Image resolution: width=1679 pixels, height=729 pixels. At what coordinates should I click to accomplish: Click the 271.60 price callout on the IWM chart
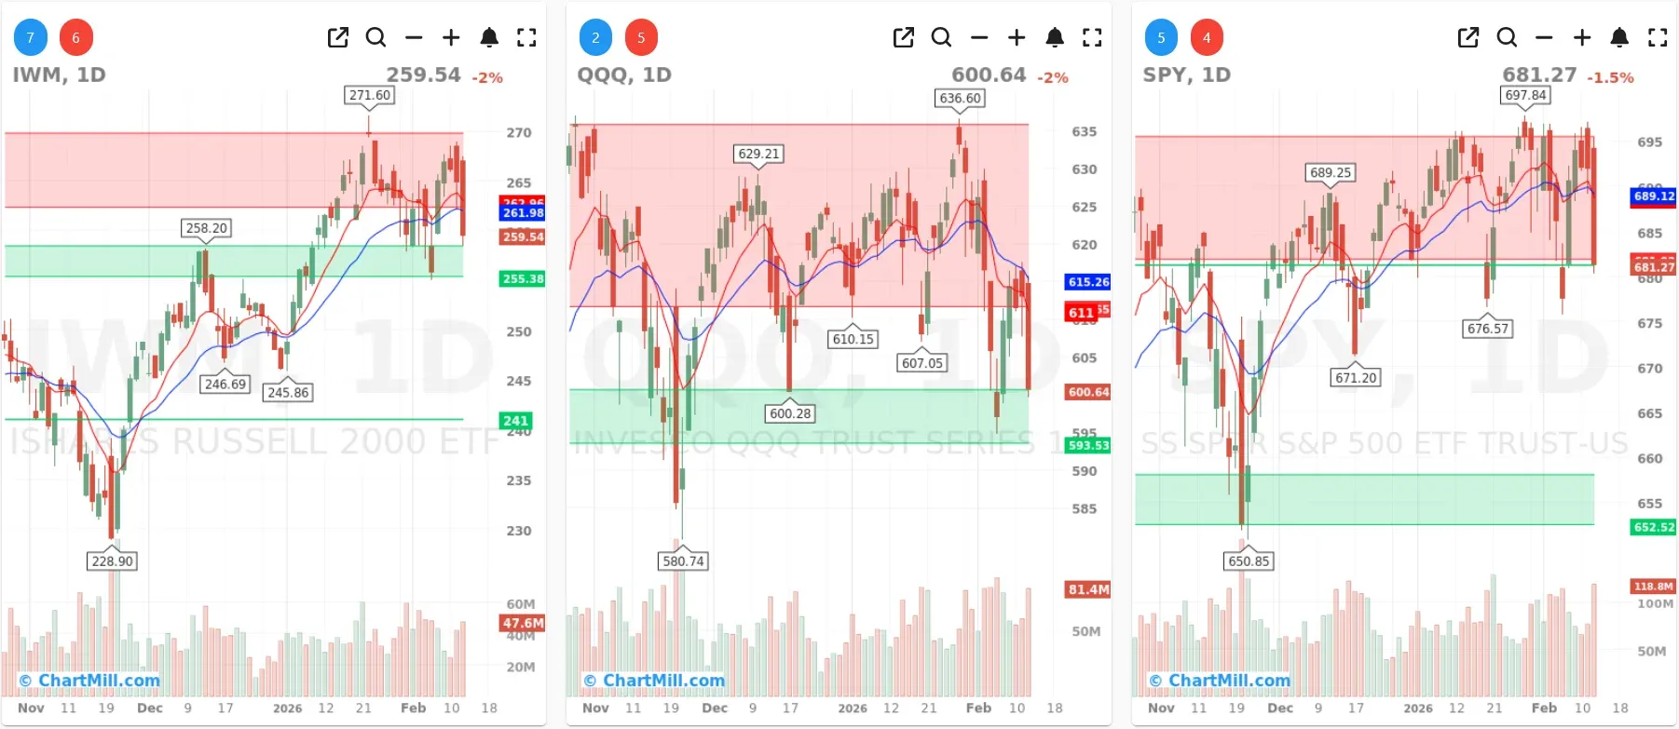[370, 95]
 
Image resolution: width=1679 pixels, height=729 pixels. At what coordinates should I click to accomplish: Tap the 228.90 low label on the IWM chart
[112, 560]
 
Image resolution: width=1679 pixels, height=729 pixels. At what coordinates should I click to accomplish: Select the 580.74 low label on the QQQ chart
[683, 560]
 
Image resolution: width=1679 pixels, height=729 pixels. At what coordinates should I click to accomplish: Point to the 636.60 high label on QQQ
[960, 98]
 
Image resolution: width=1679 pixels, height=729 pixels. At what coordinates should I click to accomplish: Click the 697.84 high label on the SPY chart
[1525, 95]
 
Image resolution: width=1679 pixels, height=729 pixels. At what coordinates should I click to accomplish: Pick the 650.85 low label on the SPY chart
[1249, 560]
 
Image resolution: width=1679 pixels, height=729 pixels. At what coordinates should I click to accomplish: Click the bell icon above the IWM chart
[489, 37]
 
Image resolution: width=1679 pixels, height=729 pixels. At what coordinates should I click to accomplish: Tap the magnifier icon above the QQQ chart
[941, 37]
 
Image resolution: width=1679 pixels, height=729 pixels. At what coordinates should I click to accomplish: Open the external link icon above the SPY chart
[1468, 37]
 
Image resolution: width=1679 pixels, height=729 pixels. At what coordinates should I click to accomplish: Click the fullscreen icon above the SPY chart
[1658, 37]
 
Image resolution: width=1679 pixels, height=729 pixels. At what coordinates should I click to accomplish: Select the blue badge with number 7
[30, 37]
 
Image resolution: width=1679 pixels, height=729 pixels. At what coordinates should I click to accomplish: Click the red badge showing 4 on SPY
[1207, 37]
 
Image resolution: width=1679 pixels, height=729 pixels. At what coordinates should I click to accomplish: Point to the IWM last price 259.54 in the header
[423, 74]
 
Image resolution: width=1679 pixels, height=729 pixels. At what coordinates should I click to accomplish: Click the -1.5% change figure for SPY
[1610, 77]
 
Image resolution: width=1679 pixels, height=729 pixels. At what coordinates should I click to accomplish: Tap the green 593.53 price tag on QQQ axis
[1088, 445]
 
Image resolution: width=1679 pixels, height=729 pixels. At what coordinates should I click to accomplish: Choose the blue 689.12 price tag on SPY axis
[1653, 196]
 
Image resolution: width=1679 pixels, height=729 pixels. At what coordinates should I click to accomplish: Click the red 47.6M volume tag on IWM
[523, 623]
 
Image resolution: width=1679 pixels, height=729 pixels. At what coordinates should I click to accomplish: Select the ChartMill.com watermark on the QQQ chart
[654, 681]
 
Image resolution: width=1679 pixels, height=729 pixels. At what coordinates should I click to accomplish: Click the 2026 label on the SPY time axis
[1417, 708]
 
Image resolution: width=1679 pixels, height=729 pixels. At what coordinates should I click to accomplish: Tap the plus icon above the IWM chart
[451, 37]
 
